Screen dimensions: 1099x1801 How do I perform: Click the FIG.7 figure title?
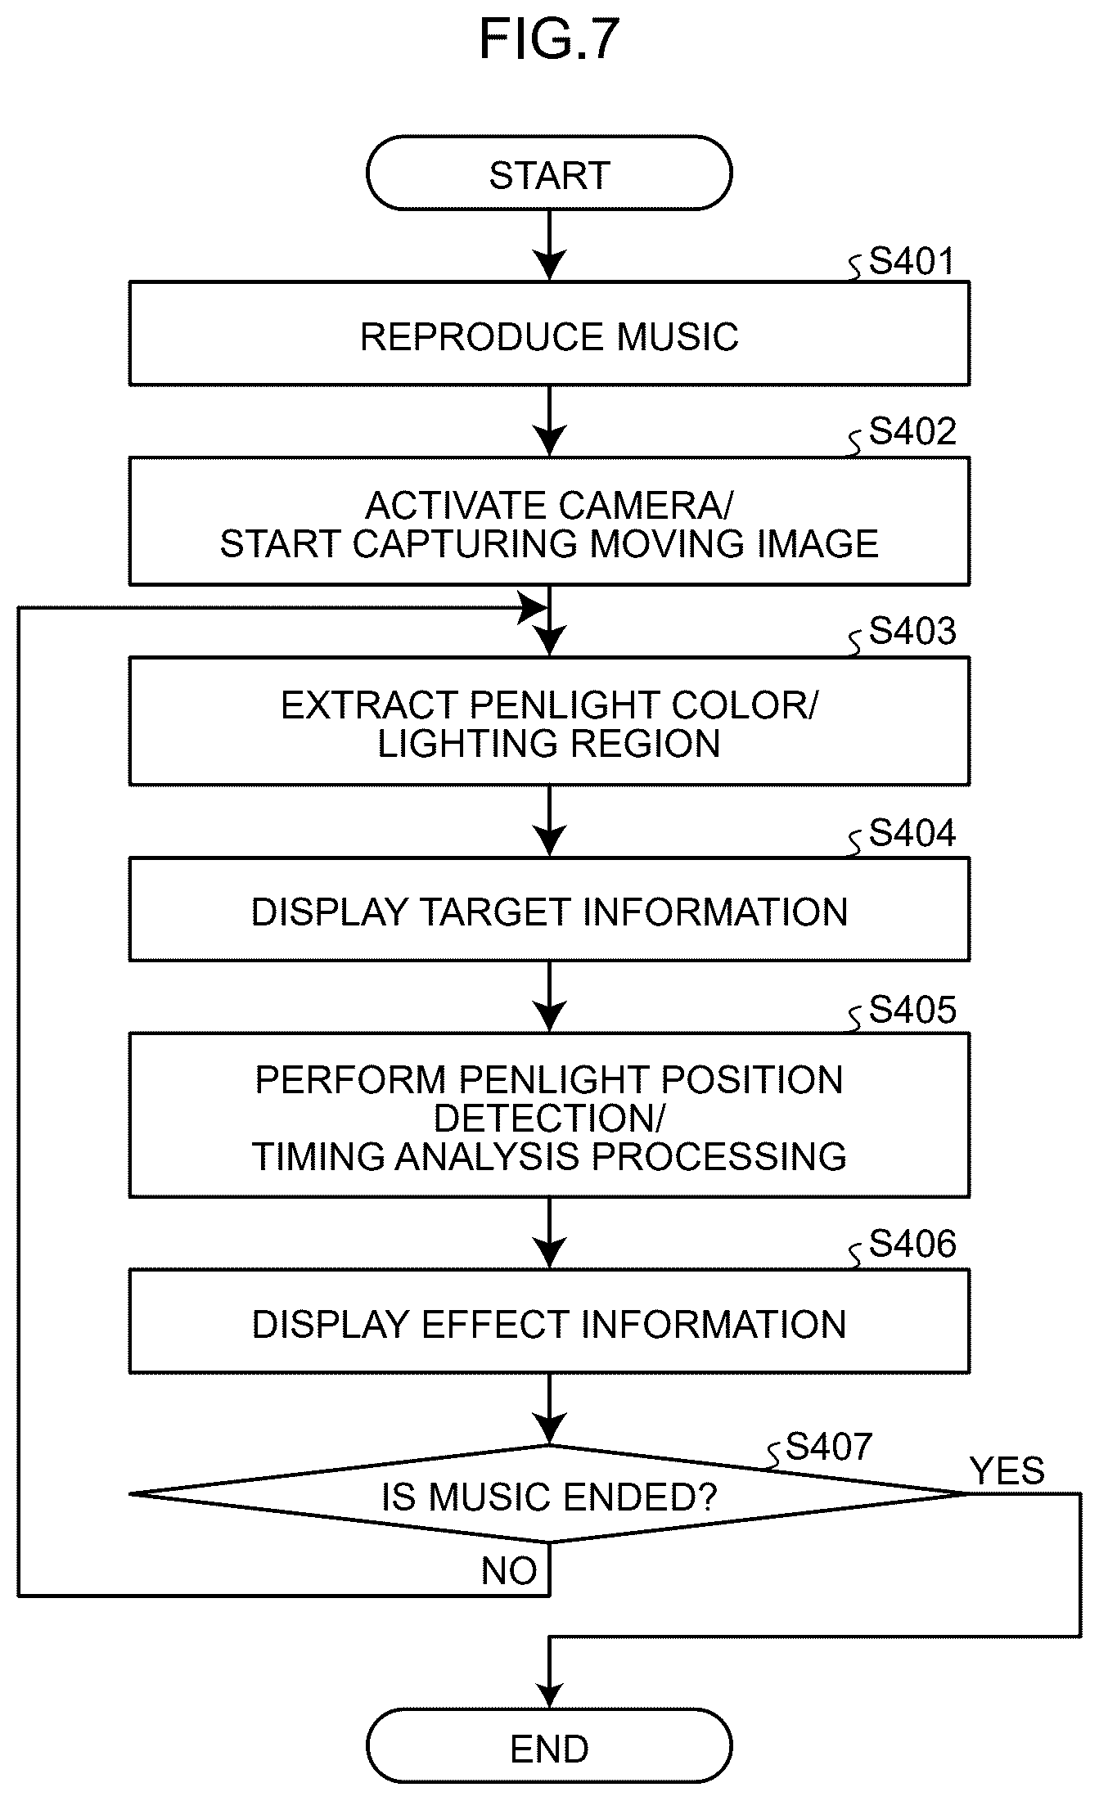click(549, 40)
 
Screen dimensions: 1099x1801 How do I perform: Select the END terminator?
click(549, 1749)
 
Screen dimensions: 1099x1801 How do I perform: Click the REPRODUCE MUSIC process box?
click(549, 334)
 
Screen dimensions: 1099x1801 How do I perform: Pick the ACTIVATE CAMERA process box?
click(549, 521)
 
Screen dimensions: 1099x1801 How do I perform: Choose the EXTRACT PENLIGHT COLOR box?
click(549, 722)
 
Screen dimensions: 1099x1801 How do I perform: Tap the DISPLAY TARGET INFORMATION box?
click(549, 910)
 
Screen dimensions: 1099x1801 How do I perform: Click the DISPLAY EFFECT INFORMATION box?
click(549, 1322)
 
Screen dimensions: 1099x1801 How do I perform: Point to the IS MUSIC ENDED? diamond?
click(549, 1495)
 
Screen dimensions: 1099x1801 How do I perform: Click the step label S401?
click(912, 262)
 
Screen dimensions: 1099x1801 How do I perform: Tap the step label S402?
click(912, 431)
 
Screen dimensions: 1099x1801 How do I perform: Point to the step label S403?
click(912, 632)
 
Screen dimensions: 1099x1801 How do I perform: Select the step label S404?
click(912, 833)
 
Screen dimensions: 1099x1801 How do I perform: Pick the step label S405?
click(912, 1010)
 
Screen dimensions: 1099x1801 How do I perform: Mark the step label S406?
click(912, 1244)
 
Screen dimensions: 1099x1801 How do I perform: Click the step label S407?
click(829, 1447)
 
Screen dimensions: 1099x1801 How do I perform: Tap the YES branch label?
click(1007, 1471)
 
